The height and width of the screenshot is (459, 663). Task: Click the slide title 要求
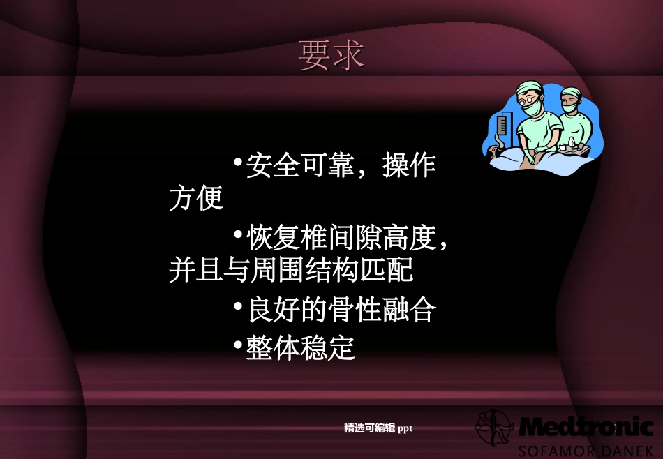331,55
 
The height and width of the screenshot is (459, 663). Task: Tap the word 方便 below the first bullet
196,198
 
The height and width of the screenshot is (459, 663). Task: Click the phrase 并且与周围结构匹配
291,270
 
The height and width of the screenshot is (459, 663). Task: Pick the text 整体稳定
301,348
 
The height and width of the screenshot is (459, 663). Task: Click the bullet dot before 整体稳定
238,346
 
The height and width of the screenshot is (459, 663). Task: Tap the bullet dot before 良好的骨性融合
238,308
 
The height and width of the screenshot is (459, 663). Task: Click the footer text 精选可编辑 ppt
378,428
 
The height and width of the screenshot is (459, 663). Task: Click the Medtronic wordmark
586,426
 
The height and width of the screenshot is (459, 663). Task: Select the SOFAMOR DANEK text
586,449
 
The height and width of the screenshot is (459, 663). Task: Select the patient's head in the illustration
497,151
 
